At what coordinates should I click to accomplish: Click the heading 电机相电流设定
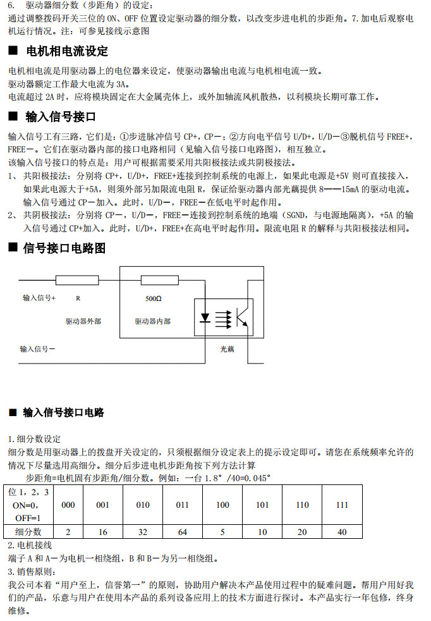pyautogui.click(x=66, y=51)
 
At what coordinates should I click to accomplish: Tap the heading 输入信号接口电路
pyautogui.click(x=63, y=412)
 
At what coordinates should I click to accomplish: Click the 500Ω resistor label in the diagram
pyautogui.click(x=154, y=298)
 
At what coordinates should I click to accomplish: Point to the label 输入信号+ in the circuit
pyautogui.click(x=39, y=297)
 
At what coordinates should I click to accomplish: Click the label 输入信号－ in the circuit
pyautogui.click(x=37, y=348)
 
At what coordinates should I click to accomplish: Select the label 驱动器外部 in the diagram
pyautogui.click(x=83, y=321)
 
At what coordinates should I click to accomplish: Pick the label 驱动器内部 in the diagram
pyautogui.click(x=152, y=321)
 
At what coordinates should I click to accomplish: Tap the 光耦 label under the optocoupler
pyautogui.click(x=227, y=348)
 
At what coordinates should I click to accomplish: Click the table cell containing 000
pyautogui.click(x=68, y=505)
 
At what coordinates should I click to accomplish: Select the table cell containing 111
pyautogui.click(x=342, y=505)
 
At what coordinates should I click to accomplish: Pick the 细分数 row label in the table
pyautogui.click(x=28, y=532)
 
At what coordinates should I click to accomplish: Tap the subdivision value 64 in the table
pyautogui.click(x=182, y=532)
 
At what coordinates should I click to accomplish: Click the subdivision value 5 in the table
pyautogui.click(x=222, y=532)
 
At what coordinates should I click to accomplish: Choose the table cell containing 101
pyautogui.click(x=262, y=505)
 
